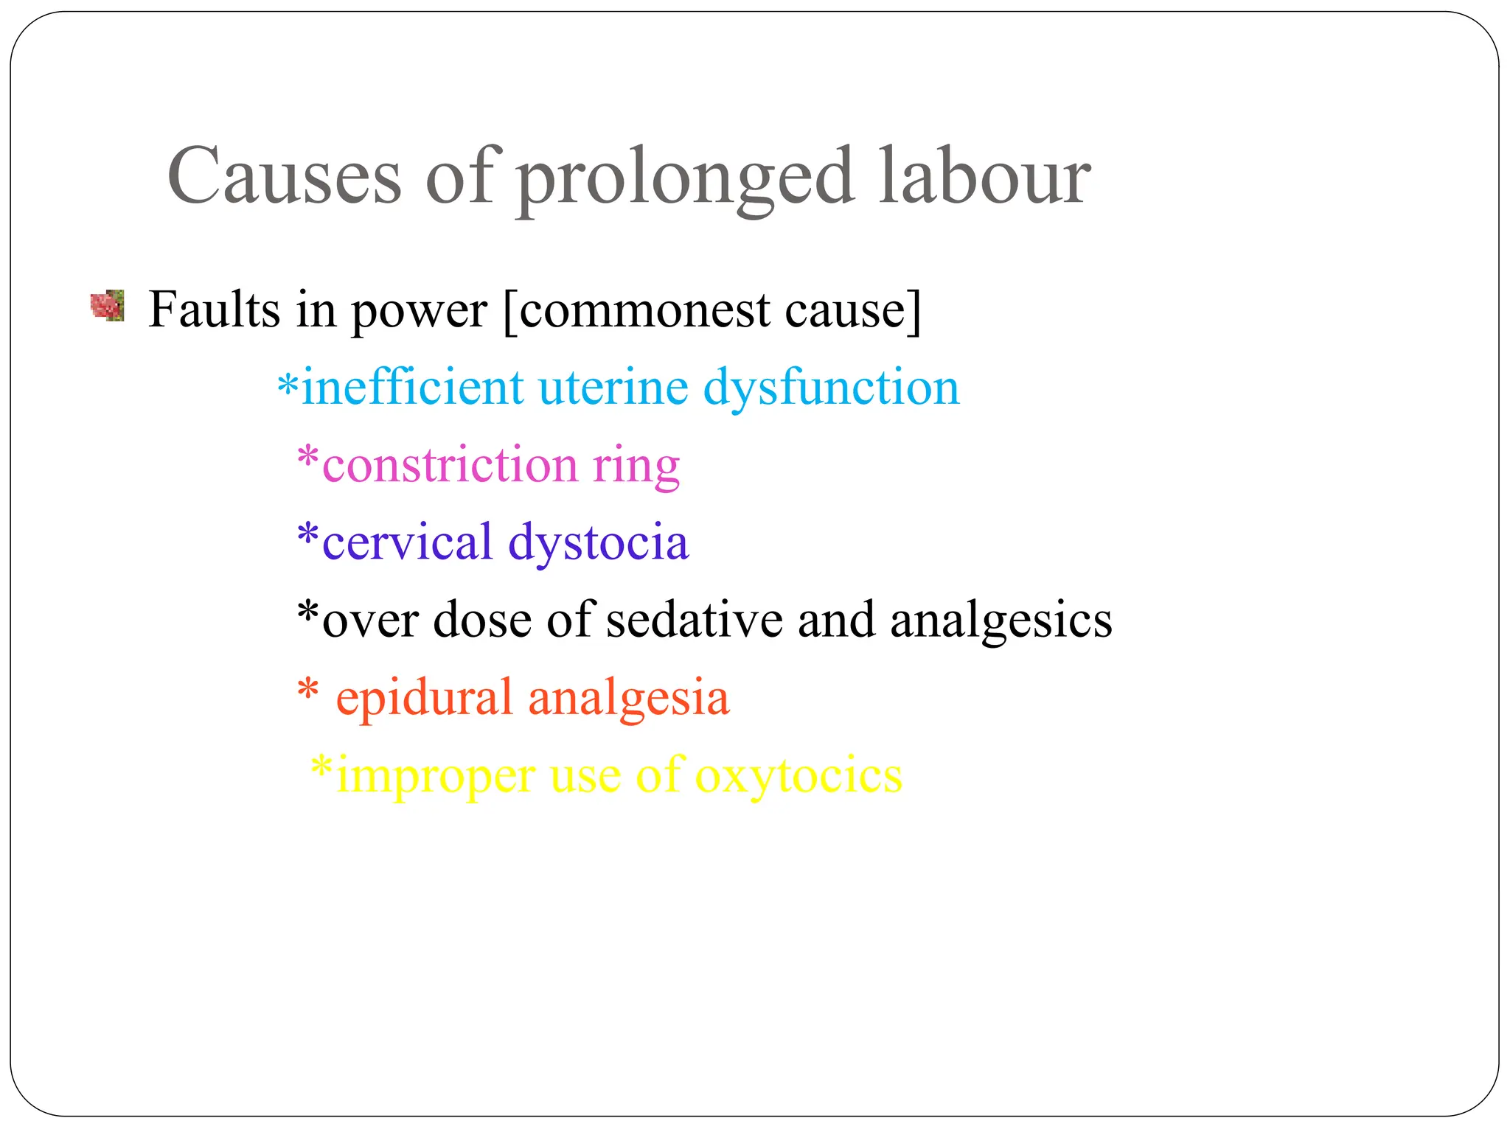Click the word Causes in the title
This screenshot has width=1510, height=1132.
(284, 177)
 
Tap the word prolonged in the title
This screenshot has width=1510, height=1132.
(685, 178)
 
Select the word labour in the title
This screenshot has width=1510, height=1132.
(984, 177)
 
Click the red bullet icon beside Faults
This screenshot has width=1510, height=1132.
(107, 306)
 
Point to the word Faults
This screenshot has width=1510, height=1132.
(215, 309)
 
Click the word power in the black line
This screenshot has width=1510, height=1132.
(419, 311)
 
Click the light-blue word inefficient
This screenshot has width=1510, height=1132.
(413, 387)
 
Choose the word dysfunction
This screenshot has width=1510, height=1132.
(831, 388)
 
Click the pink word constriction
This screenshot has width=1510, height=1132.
(450, 465)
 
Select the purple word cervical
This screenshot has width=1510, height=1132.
(407, 542)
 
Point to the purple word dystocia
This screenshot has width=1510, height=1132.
(598, 543)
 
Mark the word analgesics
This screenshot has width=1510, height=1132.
(1001, 621)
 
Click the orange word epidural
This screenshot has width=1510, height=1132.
(423, 698)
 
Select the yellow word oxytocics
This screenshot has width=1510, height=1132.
(799, 775)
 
